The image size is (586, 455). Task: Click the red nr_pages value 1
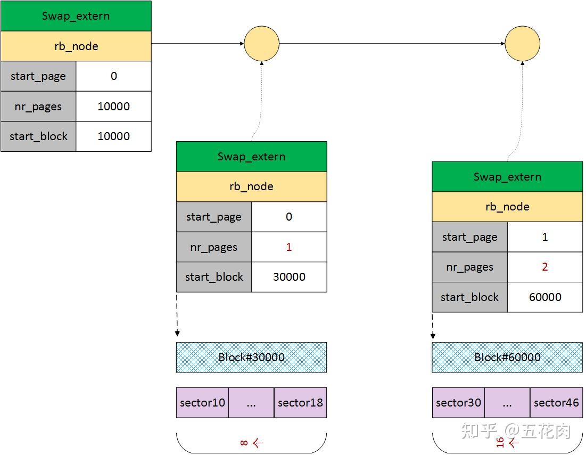click(x=288, y=247)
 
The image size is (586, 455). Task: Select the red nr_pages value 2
click(x=544, y=267)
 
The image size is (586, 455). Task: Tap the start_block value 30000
click(x=289, y=277)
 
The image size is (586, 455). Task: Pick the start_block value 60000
click(x=545, y=297)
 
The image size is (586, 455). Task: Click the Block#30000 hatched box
click(x=251, y=357)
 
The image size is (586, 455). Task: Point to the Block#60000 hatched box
click(x=507, y=357)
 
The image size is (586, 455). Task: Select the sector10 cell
click(x=202, y=403)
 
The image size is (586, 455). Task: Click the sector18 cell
click(x=300, y=403)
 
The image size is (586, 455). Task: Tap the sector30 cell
click(x=458, y=403)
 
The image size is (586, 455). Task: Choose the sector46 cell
click(x=556, y=403)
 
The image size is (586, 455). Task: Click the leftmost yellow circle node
click(x=261, y=44)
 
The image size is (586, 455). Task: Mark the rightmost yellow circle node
click(x=522, y=44)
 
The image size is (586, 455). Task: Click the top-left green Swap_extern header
click(x=76, y=16)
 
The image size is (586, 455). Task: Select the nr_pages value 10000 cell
click(x=113, y=106)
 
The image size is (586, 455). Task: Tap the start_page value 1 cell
click(x=544, y=237)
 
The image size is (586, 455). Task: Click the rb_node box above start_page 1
click(x=507, y=207)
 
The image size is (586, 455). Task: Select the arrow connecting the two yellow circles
click(x=392, y=44)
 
